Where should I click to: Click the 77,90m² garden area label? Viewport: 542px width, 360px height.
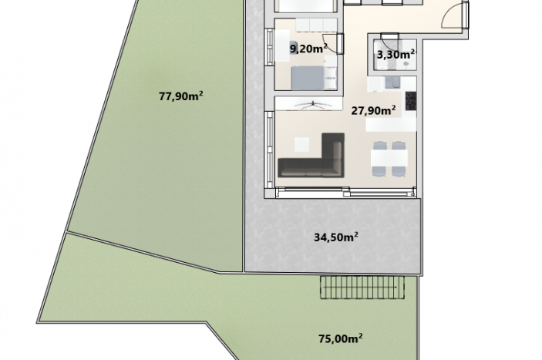pyautogui.click(x=180, y=96)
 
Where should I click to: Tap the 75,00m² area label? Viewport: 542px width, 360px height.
pyautogui.click(x=341, y=338)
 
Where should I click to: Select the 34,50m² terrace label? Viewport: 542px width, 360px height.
pyautogui.click(x=335, y=237)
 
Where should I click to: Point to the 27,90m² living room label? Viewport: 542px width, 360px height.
pyautogui.click(x=373, y=110)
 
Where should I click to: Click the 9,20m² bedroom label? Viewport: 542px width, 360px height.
pyautogui.click(x=308, y=49)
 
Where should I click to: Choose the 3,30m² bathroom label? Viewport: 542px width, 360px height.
pyautogui.click(x=396, y=54)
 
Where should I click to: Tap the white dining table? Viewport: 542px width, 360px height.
pyautogui.click(x=389, y=158)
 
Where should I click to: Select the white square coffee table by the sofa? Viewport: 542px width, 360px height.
pyautogui.click(x=301, y=145)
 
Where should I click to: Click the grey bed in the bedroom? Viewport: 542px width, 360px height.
pyautogui.click(x=308, y=78)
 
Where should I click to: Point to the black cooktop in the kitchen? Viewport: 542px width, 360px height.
pyautogui.click(x=411, y=101)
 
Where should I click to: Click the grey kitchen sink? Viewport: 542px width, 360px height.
pyautogui.click(x=392, y=83)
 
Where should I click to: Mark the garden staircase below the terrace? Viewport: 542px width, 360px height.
pyautogui.click(x=362, y=287)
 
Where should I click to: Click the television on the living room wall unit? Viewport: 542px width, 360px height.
pyautogui.click(x=313, y=106)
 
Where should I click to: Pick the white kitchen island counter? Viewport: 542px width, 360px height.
pyautogui.click(x=392, y=125)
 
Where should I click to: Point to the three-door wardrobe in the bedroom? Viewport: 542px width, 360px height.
pyautogui.click(x=316, y=25)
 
